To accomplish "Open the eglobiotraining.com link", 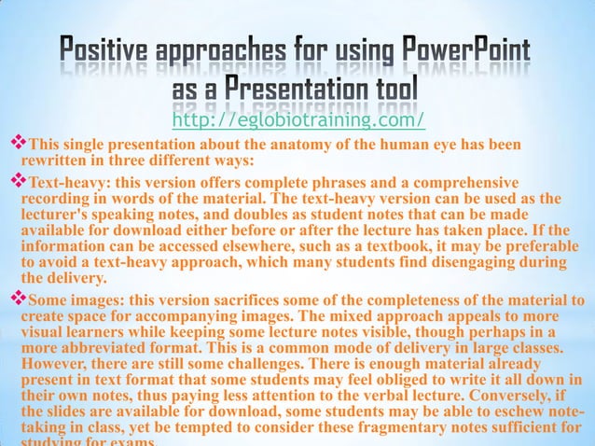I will (298, 120).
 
